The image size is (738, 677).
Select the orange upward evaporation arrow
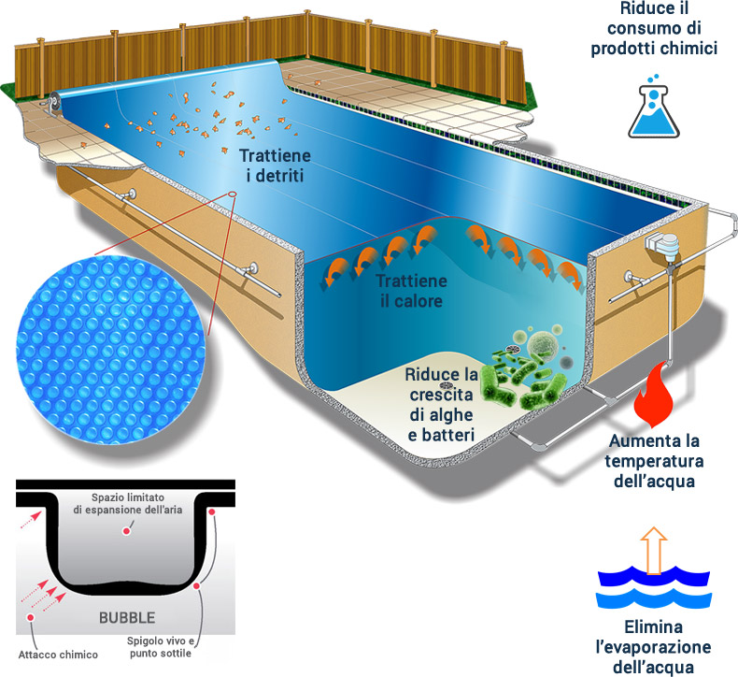[x=654, y=549]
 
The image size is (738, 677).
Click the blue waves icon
[x=654, y=583]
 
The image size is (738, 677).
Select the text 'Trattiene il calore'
[x=410, y=291]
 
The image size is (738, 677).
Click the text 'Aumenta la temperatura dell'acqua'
[x=655, y=461]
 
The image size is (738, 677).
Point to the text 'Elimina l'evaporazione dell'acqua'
[x=654, y=646]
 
